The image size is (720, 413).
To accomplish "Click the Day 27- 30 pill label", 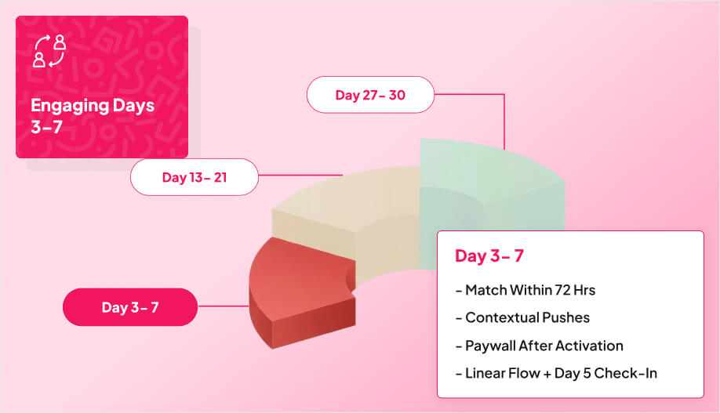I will [370, 95].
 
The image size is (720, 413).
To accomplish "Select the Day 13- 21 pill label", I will [195, 177].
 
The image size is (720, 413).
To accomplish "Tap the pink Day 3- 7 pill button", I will [129, 307].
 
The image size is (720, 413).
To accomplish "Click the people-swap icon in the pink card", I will [49, 51].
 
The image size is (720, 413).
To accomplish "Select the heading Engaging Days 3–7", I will [93, 116].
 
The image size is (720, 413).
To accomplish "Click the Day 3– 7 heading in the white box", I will [489, 256].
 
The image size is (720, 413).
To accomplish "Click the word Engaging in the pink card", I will [65, 106].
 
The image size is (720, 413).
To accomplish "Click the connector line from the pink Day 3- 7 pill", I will [223, 306].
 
